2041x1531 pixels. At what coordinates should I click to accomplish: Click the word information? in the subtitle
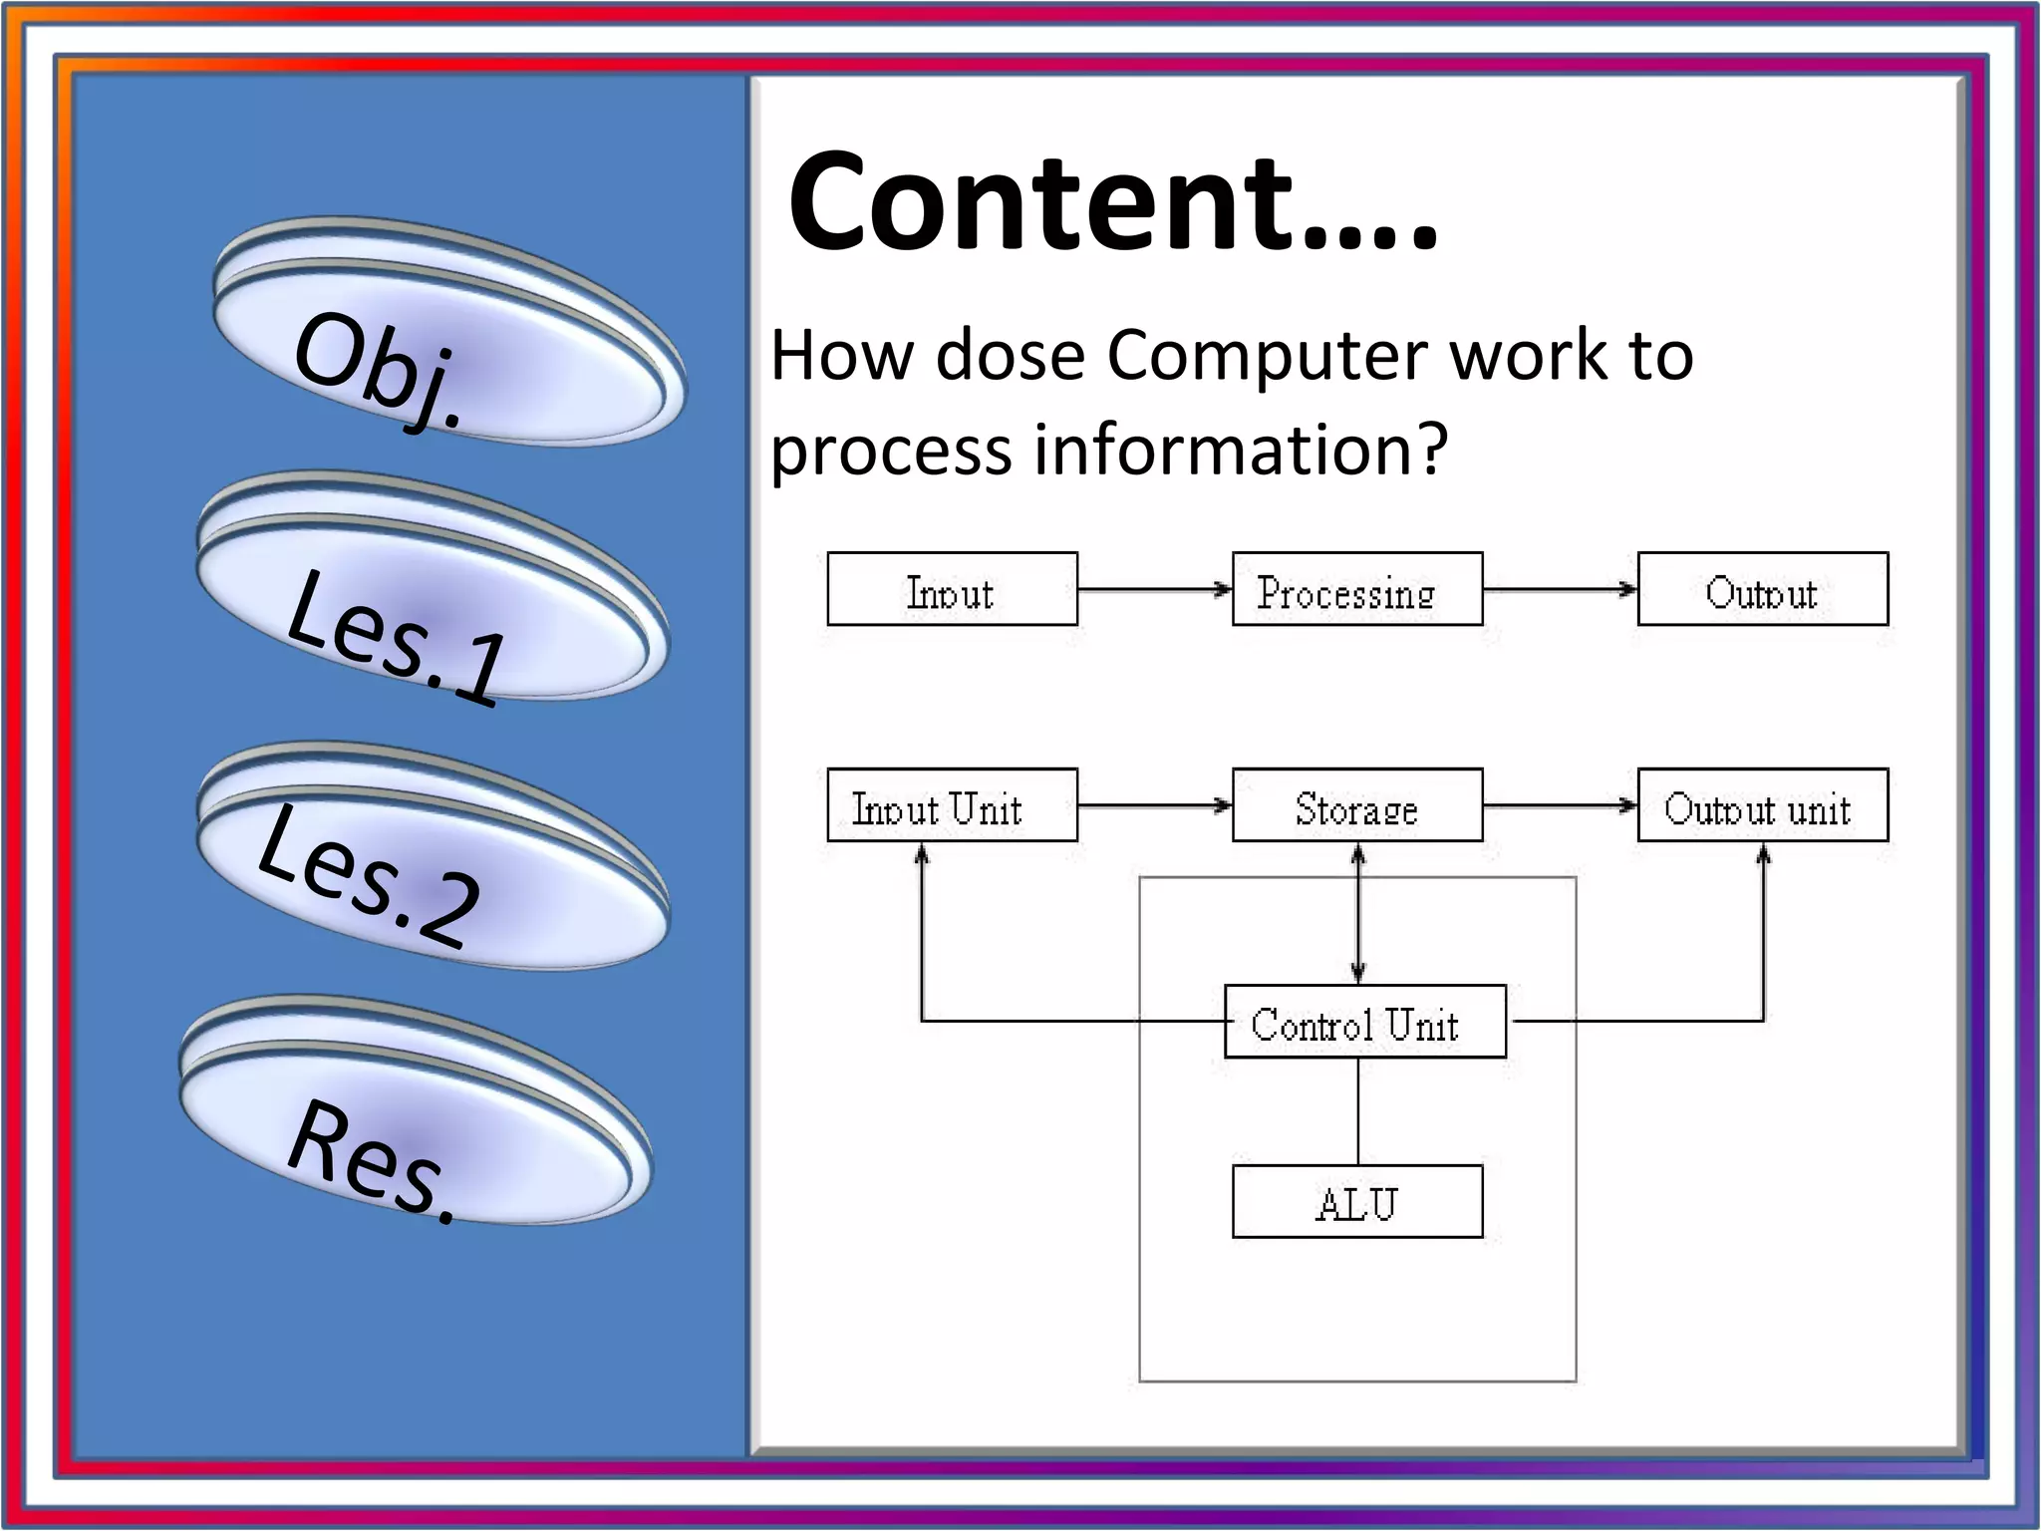tap(1240, 450)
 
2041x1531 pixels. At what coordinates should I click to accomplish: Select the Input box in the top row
tap(952, 590)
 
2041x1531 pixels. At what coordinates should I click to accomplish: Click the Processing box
tap(1356, 590)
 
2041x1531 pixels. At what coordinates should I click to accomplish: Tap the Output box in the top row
tap(1762, 590)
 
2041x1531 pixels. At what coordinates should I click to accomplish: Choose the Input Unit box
tap(952, 805)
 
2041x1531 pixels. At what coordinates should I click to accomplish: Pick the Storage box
tap(1356, 805)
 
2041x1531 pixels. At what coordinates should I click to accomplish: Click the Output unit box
tap(1762, 805)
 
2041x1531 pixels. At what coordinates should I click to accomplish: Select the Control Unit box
tap(1363, 1022)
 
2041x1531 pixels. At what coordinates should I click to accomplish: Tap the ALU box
tap(1356, 1202)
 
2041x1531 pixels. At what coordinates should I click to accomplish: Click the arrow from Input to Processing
tap(1154, 590)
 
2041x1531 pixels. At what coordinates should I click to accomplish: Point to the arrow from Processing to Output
tap(1559, 590)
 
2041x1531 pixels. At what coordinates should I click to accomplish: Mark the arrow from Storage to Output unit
tap(1559, 805)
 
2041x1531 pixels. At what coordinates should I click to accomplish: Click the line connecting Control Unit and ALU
tap(1357, 1110)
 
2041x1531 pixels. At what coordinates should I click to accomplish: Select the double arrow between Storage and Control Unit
tap(1357, 913)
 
